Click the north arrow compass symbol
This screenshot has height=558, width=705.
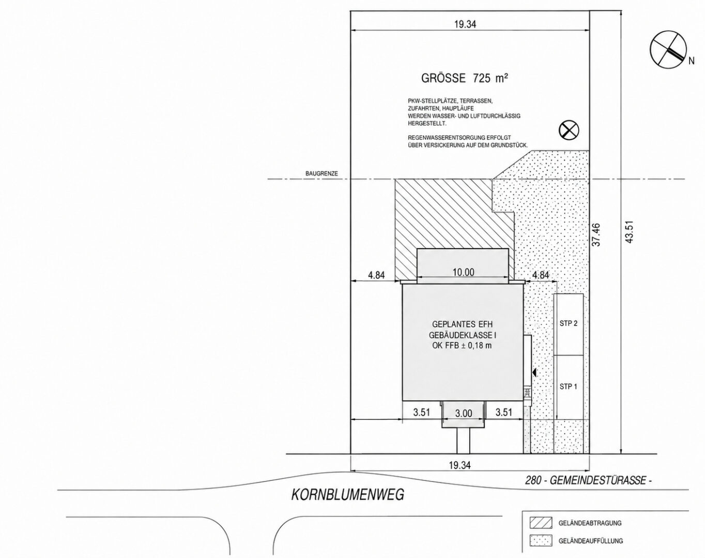(664, 50)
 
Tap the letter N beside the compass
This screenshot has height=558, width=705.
(691, 61)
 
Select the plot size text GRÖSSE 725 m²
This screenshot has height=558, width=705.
(464, 78)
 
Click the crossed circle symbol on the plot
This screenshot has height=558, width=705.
(569, 130)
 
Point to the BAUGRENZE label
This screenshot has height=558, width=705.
(321, 174)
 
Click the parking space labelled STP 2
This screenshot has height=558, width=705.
(569, 324)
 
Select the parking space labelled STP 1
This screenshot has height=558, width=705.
(569, 388)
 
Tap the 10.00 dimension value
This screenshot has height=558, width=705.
(463, 272)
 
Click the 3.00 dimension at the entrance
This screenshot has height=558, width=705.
(464, 413)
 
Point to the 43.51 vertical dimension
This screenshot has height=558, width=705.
(630, 232)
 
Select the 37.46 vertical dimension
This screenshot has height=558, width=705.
(596, 235)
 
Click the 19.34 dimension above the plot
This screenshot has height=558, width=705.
(465, 24)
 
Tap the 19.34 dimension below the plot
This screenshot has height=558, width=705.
(459, 466)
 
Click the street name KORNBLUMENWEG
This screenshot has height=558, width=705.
(347, 495)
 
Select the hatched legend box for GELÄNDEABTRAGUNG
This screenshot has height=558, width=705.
(541, 523)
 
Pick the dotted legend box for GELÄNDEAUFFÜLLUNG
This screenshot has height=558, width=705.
(541, 540)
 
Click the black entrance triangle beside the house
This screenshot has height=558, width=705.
(534, 373)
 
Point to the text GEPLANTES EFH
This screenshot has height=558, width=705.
(462, 324)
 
